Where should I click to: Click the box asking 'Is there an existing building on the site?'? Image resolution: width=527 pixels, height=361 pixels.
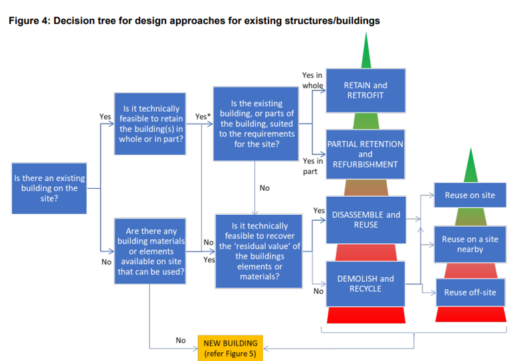point(49,187)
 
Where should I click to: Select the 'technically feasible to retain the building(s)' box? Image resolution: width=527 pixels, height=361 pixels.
point(151,124)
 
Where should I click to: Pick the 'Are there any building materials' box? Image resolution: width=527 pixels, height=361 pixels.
point(151,251)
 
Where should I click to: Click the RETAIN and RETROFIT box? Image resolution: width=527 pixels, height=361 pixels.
point(365,90)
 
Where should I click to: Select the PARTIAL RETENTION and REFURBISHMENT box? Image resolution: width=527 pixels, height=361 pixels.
point(365,154)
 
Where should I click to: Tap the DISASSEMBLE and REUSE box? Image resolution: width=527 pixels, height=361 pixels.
point(365,219)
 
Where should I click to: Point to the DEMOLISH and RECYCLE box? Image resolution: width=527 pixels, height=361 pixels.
point(365,284)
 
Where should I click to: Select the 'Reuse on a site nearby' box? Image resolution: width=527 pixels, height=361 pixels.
point(470,244)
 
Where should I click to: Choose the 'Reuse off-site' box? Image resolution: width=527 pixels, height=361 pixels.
point(470,293)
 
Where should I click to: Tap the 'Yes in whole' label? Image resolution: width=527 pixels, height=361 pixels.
point(312,80)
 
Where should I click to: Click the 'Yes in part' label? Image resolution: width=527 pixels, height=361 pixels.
point(312,166)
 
